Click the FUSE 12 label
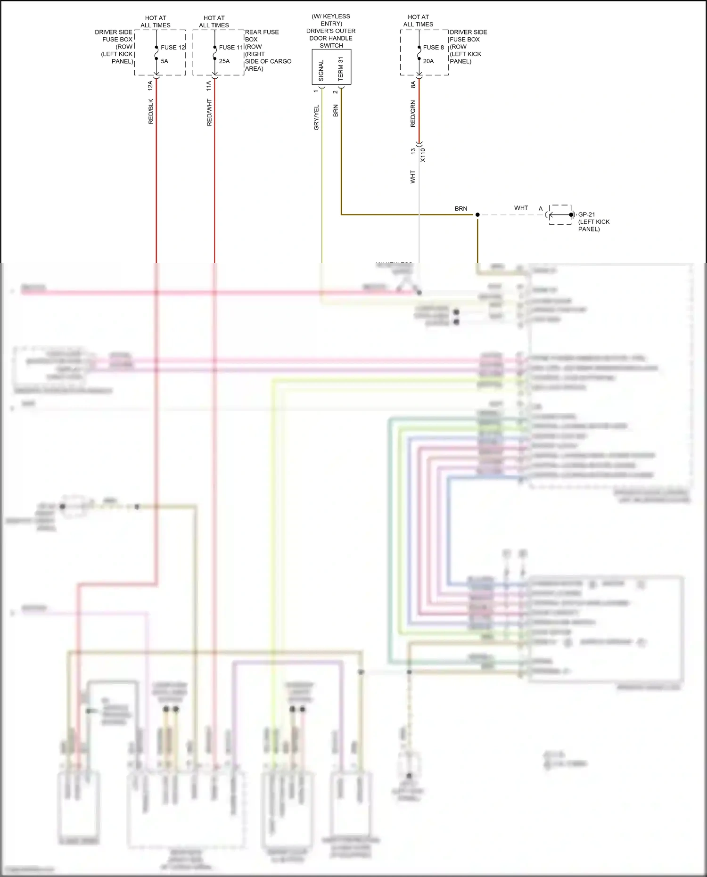pyautogui.click(x=173, y=47)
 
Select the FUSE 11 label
pyautogui.click(x=231, y=47)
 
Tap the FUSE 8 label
pyautogui.click(x=433, y=47)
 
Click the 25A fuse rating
pyautogui.click(x=224, y=61)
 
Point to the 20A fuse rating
pyautogui.click(x=428, y=61)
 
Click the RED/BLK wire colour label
pyautogui.click(x=151, y=111)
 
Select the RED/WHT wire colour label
pyautogui.click(x=209, y=112)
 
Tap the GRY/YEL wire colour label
pyautogui.click(x=316, y=117)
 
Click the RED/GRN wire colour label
pyautogui.click(x=413, y=114)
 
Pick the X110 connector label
pyautogui.click(x=423, y=155)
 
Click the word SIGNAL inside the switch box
pyautogui.click(x=321, y=70)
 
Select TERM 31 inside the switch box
pyautogui.click(x=341, y=69)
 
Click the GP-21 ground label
pyautogui.click(x=586, y=214)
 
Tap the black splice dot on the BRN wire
pyautogui.click(x=477, y=215)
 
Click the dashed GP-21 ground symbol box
pyautogui.click(x=560, y=214)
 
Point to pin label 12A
pyautogui.click(x=150, y=85)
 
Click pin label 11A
pyautogui.click(x=208, y=85)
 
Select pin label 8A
pyautogui.click(x=413, y=84)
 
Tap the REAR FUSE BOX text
pyautogui.click(x=262, y=35)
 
